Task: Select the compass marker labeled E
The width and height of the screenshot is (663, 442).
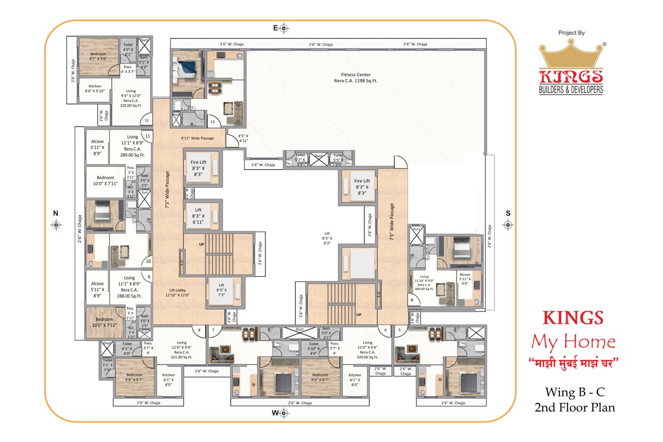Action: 284,28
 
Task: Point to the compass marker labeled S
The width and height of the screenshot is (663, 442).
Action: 508,224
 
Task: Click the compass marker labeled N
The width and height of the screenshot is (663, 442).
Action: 56,225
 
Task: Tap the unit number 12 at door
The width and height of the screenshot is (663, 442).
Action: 147,120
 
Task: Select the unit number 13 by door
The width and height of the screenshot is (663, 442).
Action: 212,122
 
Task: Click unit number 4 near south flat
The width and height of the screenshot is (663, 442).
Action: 411,300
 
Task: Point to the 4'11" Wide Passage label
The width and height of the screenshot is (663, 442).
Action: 197,138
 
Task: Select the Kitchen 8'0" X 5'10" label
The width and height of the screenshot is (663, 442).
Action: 94,89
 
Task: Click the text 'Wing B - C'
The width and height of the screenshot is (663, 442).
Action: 574,393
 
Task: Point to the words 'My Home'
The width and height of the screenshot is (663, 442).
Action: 573,342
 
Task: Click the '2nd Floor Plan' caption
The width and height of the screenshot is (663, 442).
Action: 574,407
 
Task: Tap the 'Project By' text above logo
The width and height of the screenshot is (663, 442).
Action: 571,33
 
